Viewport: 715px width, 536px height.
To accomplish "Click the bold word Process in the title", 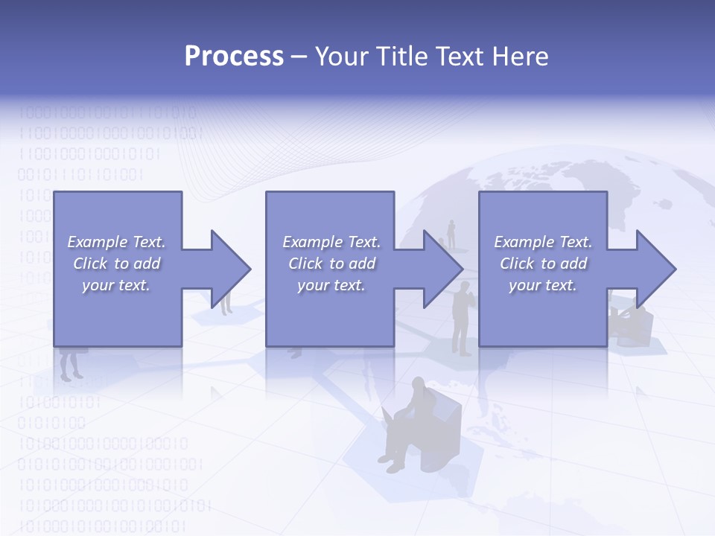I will (234, 57).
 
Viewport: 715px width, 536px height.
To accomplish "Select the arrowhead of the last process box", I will (655, 269).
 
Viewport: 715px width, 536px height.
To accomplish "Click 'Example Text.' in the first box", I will (116, 242).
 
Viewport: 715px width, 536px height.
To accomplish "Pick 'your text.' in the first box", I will (116, 285).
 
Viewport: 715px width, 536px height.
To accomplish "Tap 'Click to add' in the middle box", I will (331, 264).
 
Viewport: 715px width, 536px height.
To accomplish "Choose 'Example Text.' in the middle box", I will (331, 242).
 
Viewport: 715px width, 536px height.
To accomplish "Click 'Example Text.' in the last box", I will (543, 242).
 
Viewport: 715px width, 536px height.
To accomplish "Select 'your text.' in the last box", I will (543, 285).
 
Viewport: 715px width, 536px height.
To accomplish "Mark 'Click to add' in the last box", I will (543, 264).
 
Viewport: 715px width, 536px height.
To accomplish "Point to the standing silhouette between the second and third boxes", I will (462, 316).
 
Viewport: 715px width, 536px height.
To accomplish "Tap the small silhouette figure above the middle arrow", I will (451, 233).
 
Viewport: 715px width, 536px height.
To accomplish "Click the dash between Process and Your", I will (299, 57).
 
